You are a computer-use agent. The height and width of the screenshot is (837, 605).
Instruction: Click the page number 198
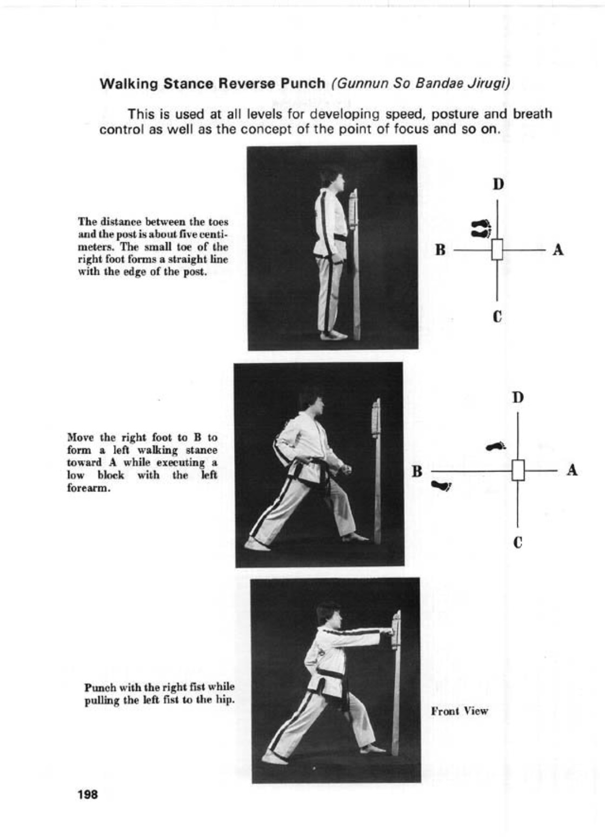(x=88, y=795)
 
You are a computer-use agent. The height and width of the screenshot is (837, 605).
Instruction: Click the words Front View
(x=460, y=711)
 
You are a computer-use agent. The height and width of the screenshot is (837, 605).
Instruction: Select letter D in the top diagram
(x=498, y=184)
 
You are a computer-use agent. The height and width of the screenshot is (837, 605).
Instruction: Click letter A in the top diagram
(x=559, y=250)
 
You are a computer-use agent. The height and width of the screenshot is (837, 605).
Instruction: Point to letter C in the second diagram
(x=518, y=542)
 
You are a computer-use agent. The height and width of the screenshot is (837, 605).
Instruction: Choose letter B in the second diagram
(x=417, y=471)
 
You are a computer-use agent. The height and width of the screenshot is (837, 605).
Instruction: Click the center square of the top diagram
(x=497, y=250)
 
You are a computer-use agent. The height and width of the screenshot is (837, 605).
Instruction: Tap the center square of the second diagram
(x=518, y=470)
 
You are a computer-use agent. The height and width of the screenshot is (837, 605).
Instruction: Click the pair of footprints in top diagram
(x=481, y=228)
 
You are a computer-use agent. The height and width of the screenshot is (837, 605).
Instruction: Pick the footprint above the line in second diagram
(x=495, y=447)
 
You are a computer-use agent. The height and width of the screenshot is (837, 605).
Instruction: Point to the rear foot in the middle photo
(x=257, y=544)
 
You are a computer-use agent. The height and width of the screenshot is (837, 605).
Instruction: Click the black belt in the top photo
(x=339, y=238)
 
